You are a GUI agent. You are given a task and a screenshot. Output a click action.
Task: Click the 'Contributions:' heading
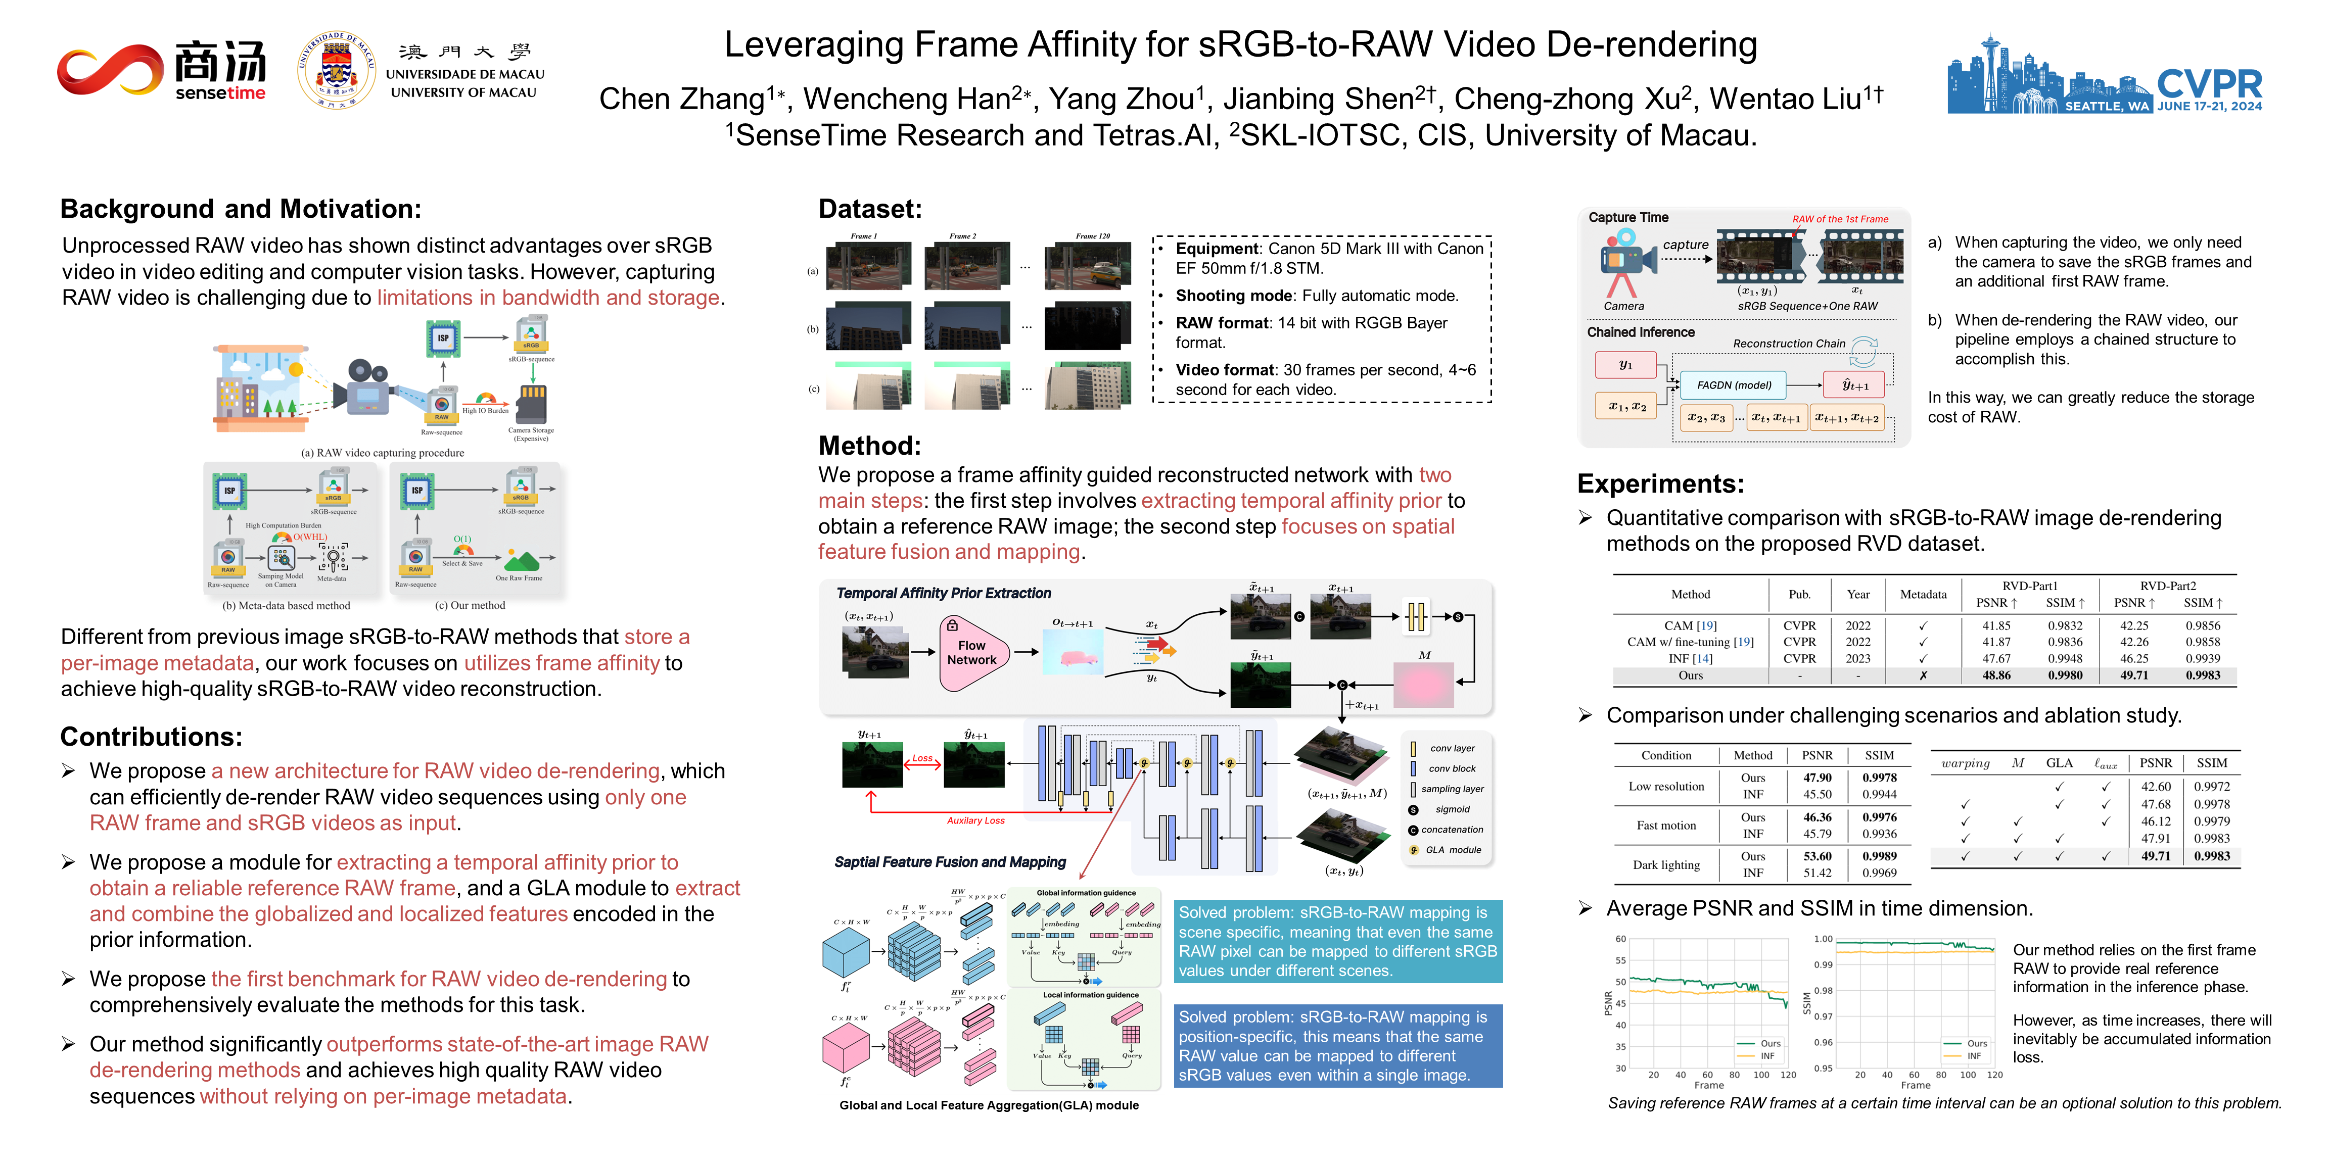tap(151, 737)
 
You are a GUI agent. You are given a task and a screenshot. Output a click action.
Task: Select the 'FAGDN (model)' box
tap(1733, 385)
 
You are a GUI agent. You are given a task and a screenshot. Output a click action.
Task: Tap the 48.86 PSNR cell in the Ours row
tap(1996, 675)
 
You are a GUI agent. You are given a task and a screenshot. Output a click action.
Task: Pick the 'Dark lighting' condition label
tap(1665, 865)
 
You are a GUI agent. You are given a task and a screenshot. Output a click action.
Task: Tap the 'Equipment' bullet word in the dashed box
tap(1217, 249)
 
